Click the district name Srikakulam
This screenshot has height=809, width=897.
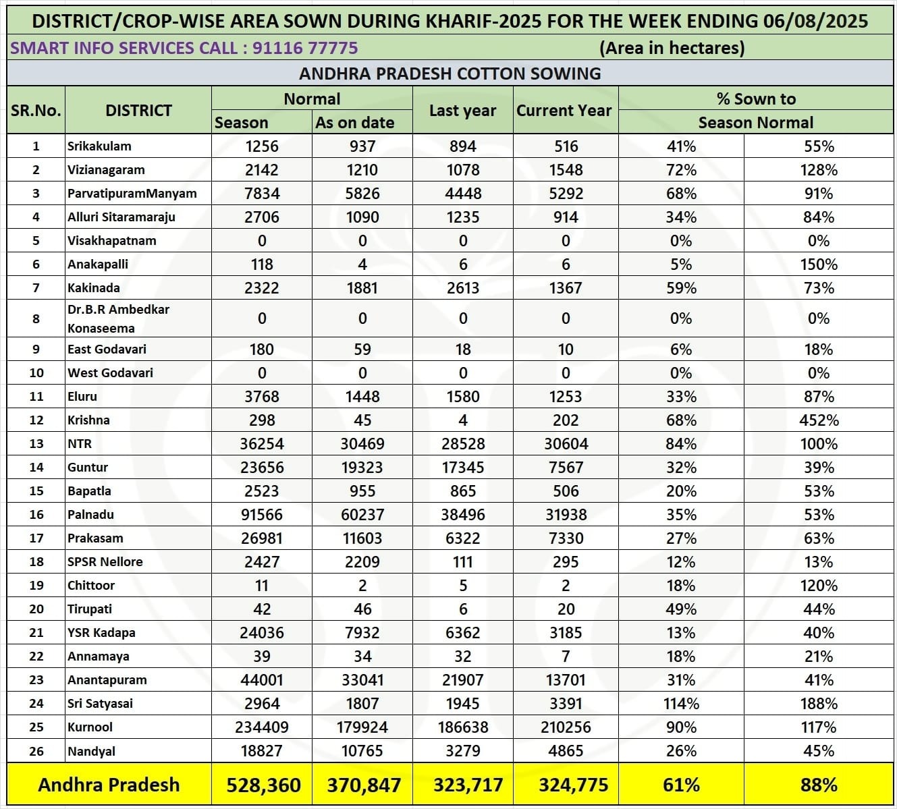point(99,146)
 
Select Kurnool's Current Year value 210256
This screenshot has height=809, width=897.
point(565,727)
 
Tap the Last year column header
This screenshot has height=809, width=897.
point(462,111)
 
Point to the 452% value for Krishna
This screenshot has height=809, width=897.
point(819,420)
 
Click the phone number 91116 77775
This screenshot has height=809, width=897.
point(305,48)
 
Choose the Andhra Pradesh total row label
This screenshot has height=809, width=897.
point(109,785)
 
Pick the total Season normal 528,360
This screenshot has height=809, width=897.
point(263,785)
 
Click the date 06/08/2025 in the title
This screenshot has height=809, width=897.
point(816,21)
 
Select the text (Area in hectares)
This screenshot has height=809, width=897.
point(672,48)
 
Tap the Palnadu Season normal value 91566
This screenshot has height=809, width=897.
point(262,515)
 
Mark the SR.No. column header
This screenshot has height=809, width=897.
point(36,111)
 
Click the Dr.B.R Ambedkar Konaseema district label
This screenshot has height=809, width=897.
point(118,318)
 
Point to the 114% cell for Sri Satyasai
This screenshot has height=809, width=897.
point(681,704)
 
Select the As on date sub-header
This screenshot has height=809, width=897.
point(354,123)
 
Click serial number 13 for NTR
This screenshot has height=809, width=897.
point(36,444)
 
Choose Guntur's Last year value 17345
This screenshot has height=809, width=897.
point(462,468)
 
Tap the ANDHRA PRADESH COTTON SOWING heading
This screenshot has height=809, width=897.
point(450,74)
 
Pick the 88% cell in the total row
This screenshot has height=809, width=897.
point(819,785)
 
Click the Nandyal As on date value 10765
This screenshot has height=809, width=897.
point(362,751)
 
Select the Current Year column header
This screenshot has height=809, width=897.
point(564,111)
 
